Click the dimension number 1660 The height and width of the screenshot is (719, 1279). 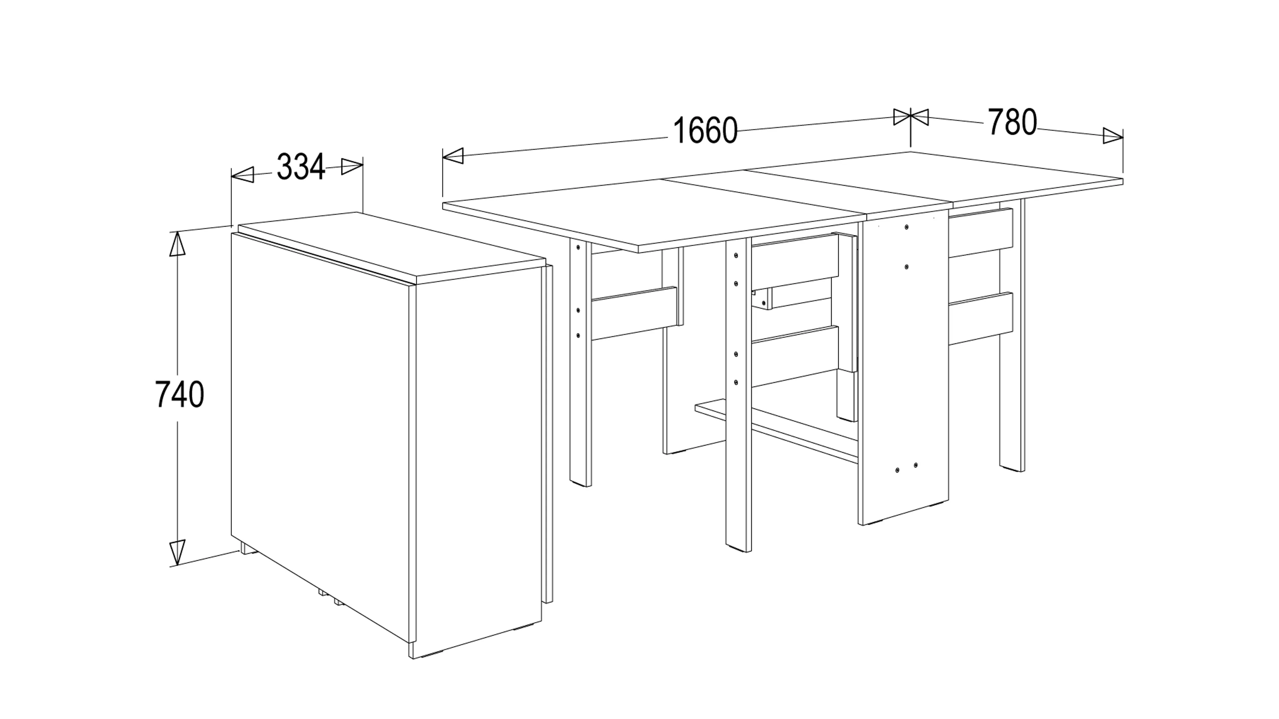705,130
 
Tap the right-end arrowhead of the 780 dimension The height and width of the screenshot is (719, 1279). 1113,135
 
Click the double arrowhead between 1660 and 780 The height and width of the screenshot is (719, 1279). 911,118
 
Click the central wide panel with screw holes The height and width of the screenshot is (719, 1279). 904,367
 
